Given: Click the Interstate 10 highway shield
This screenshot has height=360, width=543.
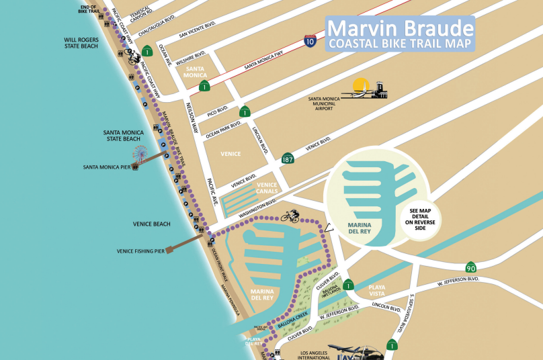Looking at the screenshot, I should point(310,42).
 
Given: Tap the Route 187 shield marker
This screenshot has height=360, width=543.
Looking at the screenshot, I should point(288,159).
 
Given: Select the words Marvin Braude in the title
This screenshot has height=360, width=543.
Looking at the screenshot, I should point(400,29).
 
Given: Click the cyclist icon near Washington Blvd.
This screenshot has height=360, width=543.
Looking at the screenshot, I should point(290,216).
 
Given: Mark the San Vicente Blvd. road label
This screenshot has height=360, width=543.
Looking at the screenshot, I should point(198,31).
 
